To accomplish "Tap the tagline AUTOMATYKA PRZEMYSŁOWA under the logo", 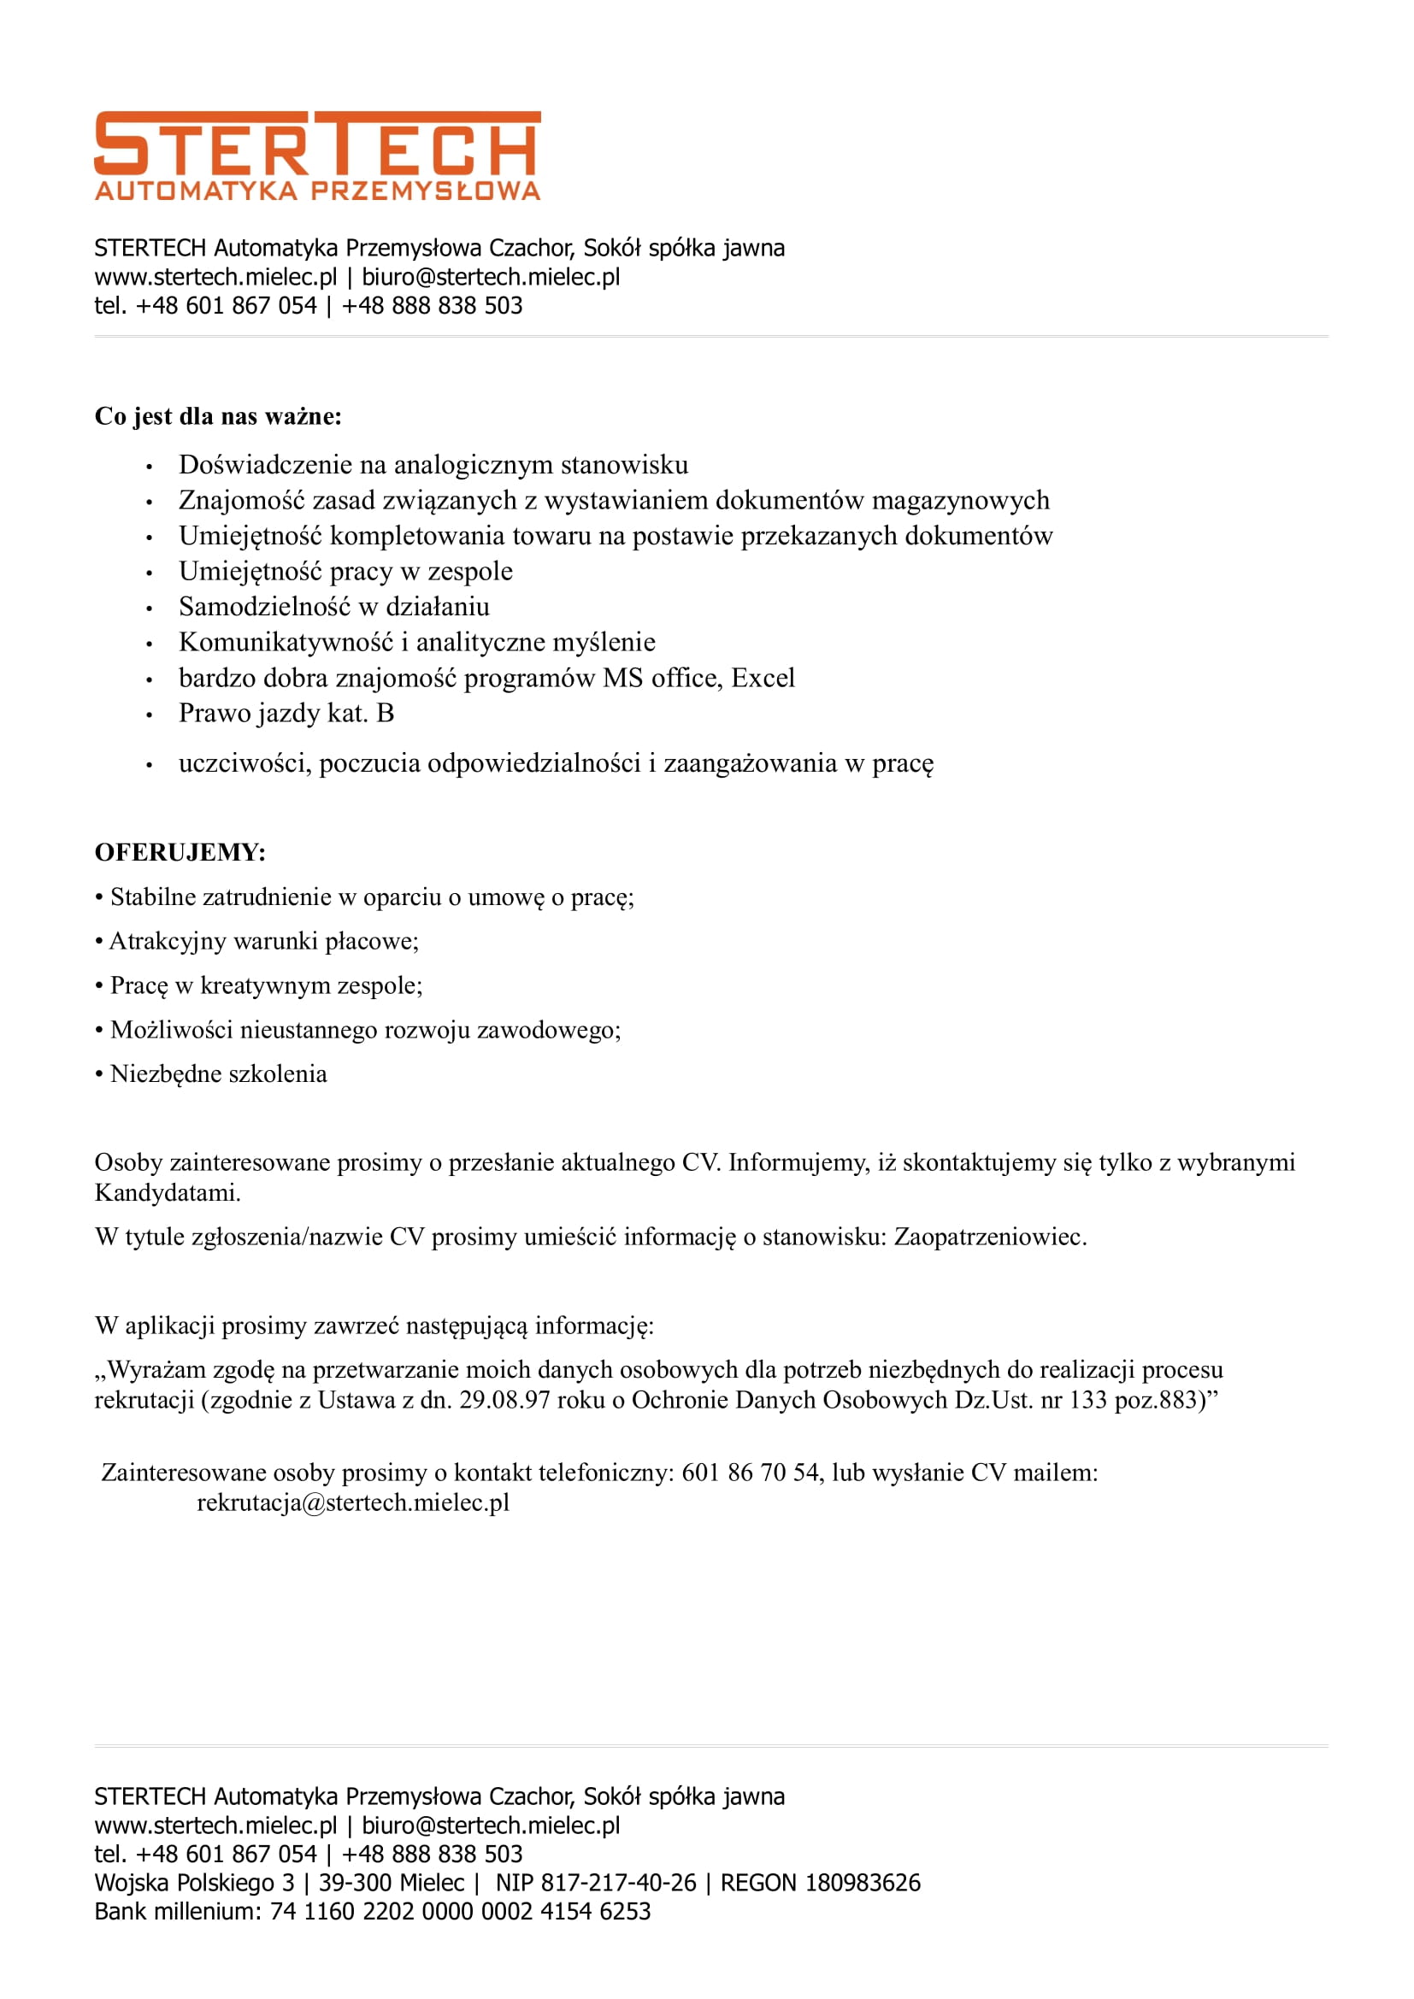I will [x=317, y=191].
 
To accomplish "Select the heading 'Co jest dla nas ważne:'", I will [x=218, y=416].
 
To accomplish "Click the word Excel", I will [x=763, y=679].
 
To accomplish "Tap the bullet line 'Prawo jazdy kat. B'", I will [x=286, y=714].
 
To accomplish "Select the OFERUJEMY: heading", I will [x=180, y=852].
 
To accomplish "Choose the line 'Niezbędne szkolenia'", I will [x=218, y=1074].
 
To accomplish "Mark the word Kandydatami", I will [x=167, y=1193].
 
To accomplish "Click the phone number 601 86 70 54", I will [x=750, y=1473].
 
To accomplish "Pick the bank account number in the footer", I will [x=460, y=1912].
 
